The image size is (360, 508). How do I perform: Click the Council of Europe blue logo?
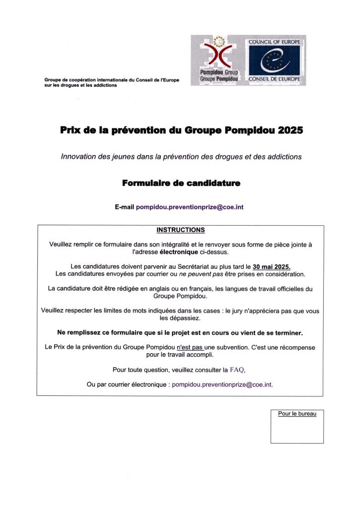274,61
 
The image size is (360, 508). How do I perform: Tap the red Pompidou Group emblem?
219,54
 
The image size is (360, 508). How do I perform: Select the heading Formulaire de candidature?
181,183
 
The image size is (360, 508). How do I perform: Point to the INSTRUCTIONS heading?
180,230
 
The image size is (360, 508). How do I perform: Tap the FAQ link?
237,370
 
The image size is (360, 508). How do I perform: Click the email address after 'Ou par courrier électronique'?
222,384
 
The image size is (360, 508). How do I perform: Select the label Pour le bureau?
297,413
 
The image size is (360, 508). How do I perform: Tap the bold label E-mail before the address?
124,206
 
